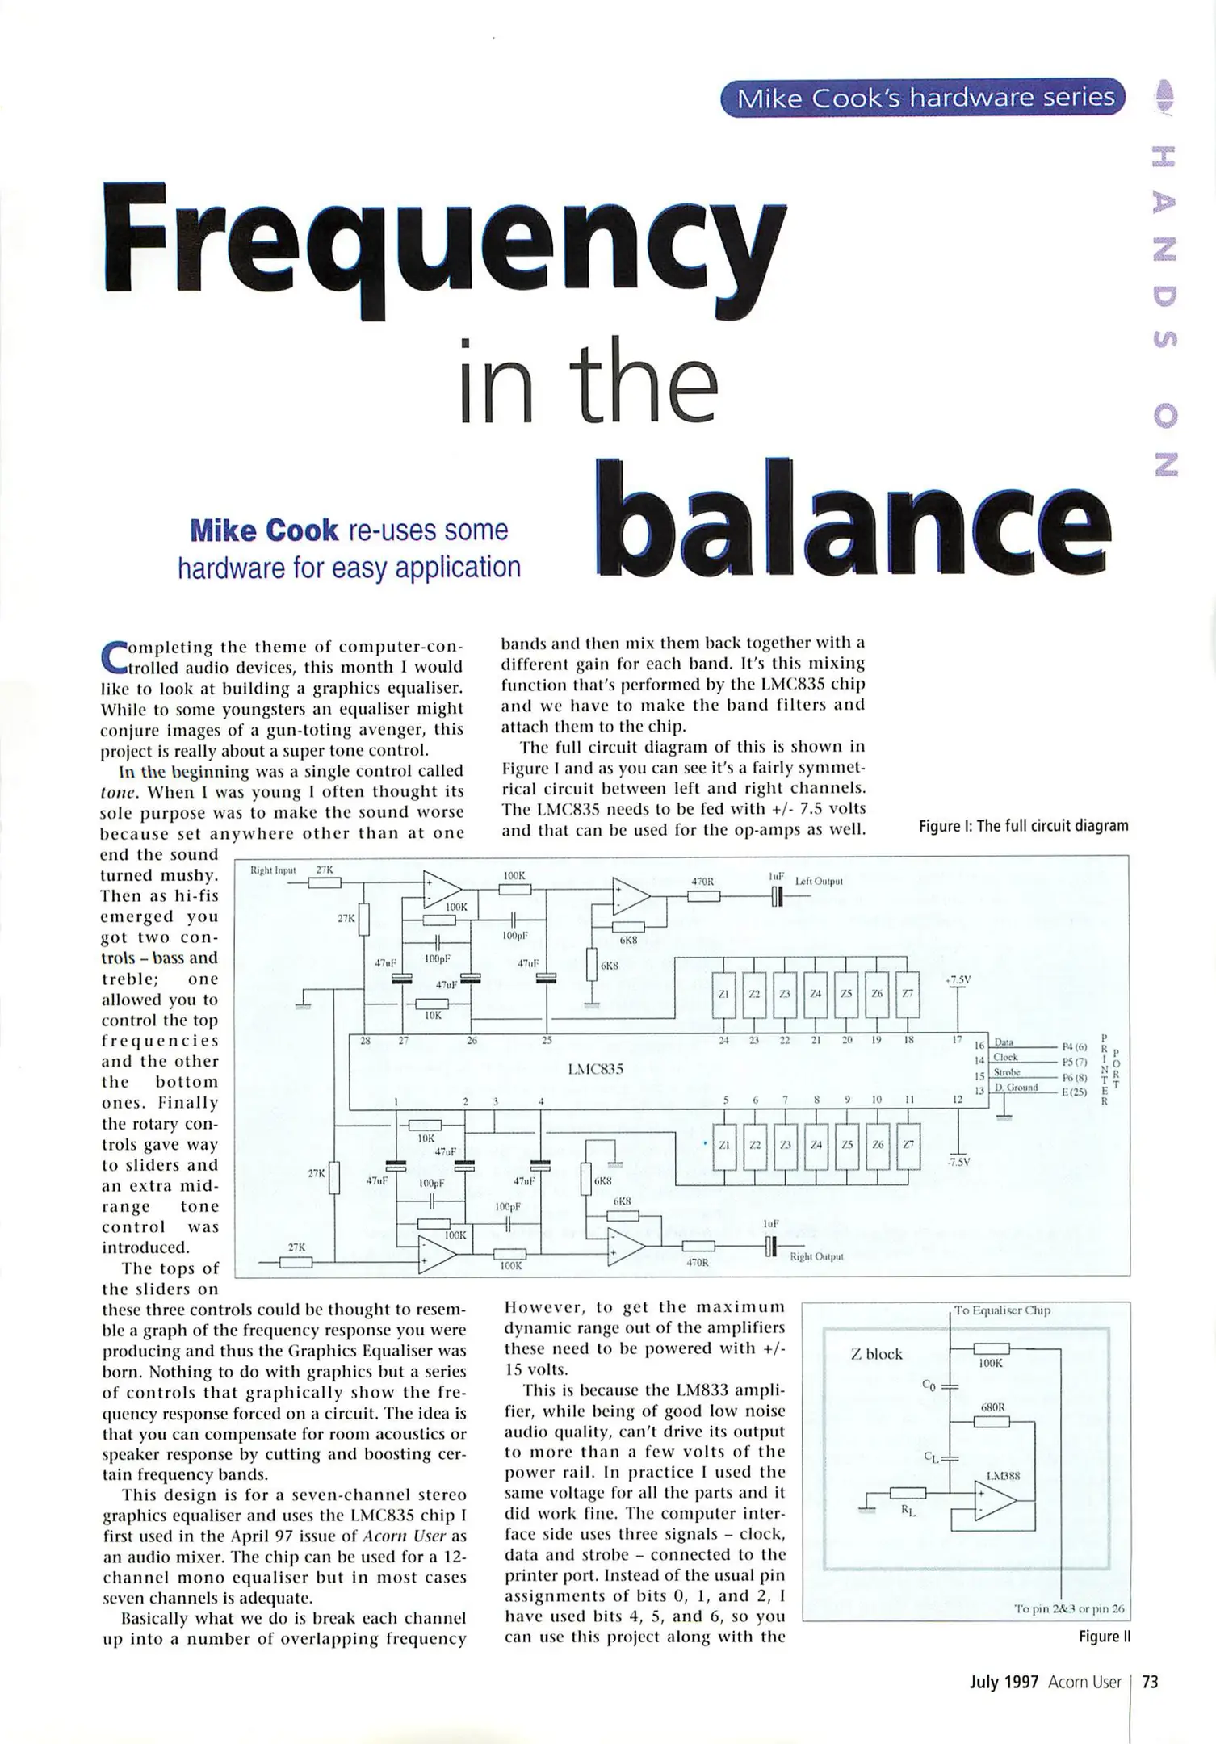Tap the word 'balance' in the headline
(x=852, y=517)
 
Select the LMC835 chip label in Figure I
(x=596, y=1070)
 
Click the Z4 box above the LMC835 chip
(x=815, y=993)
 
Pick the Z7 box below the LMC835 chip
(x=908, y=1145)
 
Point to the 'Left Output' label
(x=819, y=881)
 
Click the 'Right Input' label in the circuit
(x=273, y=870)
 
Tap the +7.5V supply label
(x=958, y=980)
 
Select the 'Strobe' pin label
(x=1007, y=1073)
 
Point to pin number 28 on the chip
(x=365, y=1041)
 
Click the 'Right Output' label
(x=816, y=1257)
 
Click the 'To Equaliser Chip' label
(x=1002, y=1310)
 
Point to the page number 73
(x=1151, y=1682)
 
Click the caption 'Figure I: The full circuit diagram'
(x=1023, y=826)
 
